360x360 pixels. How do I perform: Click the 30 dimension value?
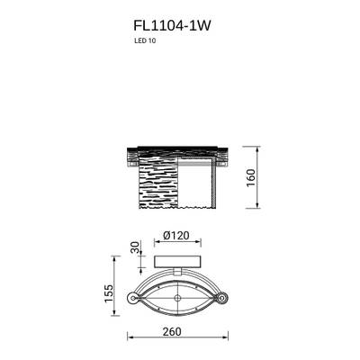[x=135, y=248]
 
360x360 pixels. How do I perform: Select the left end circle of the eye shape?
[x=133, y=297]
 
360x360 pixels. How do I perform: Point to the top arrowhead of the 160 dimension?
[x=257, y=146]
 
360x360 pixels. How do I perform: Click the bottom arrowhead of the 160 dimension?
[x=257, y=207]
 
